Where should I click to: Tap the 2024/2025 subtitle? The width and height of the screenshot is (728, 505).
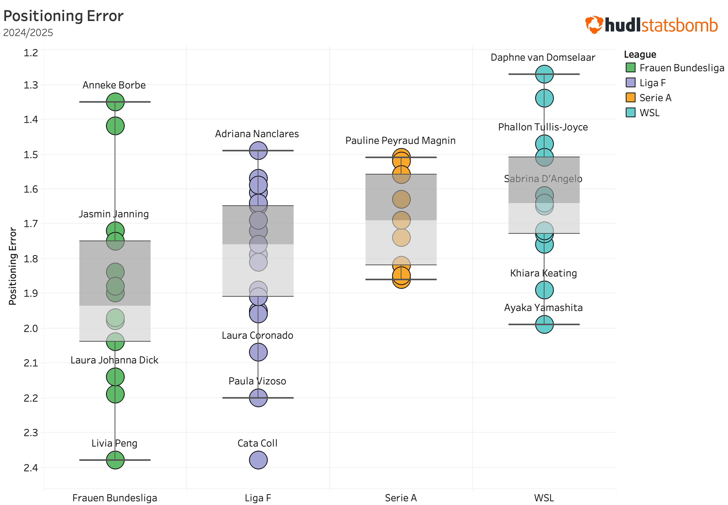click(x=28, y=33)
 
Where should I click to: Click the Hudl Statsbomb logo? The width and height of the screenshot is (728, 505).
click(x=651, y=25)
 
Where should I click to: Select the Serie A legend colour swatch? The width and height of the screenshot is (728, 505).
click(x=630, y=97)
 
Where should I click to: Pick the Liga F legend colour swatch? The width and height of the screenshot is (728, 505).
click(x=630, y=83)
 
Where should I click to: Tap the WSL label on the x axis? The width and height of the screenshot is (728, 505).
click(x=544, y=498)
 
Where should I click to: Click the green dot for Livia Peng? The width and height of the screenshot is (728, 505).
click(x=115, y=460)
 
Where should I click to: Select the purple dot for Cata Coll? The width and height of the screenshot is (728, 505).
click(x=258, y=460)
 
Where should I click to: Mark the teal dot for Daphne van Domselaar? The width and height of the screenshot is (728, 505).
click(x=544, y=74)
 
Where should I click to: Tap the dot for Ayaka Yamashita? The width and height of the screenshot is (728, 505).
click(x=544, y=324)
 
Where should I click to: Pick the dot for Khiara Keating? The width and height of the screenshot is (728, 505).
click(x=544, y=290)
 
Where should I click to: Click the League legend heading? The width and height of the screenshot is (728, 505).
click(x=640, y=55)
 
